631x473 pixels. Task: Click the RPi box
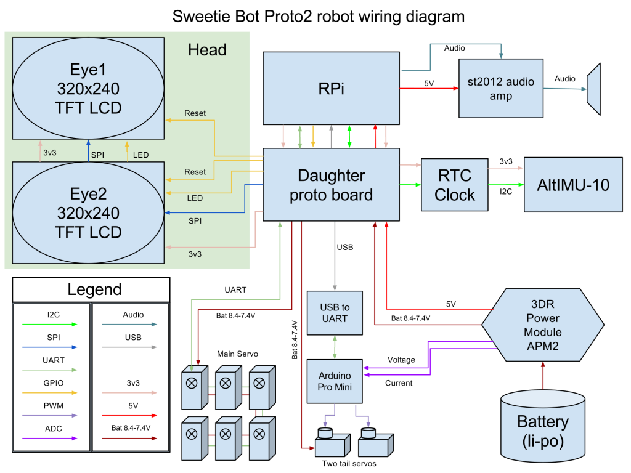(332, 88)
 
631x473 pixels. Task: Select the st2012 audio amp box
(500, 88)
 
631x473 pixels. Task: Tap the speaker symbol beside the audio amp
(593, 89)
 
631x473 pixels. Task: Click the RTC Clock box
(454, 185)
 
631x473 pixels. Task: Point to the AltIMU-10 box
(573, 185)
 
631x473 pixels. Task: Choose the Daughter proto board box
(332, 185)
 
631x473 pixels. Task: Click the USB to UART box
(335, 313)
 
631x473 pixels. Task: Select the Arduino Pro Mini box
(335, 381)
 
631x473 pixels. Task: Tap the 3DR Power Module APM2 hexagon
(542, 324)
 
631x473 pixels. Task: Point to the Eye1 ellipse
(88, 88)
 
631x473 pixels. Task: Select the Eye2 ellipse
(88, 212)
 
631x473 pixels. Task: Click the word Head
(207, 50)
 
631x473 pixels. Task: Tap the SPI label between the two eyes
(97, 154)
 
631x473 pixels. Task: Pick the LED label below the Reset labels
(195, 198)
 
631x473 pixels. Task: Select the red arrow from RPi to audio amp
(429, 89)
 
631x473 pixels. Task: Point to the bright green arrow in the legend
(49, 324)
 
